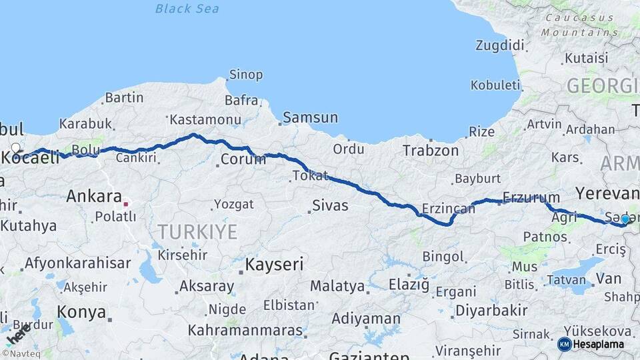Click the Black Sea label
[x=187, y=9]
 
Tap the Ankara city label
[x=93, y=197]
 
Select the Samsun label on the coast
[x=311, y=118]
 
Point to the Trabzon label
[x=431, y=151]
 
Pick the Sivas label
[x=331, y=205]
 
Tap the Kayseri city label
[x=274, y=265]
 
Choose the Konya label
[x=81, y=312]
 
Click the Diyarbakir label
[x=491, y=311]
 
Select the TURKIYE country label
[x=197, y=232]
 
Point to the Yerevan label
[x=607, y=194]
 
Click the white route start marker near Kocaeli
[x=16, y=148]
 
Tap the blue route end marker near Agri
[x=625, y=219]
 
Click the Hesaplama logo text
[x=598, y=345]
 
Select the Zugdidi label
[x=500, y=46]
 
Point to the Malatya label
[x=337, y=287]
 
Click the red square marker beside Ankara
[x=125, y=203]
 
